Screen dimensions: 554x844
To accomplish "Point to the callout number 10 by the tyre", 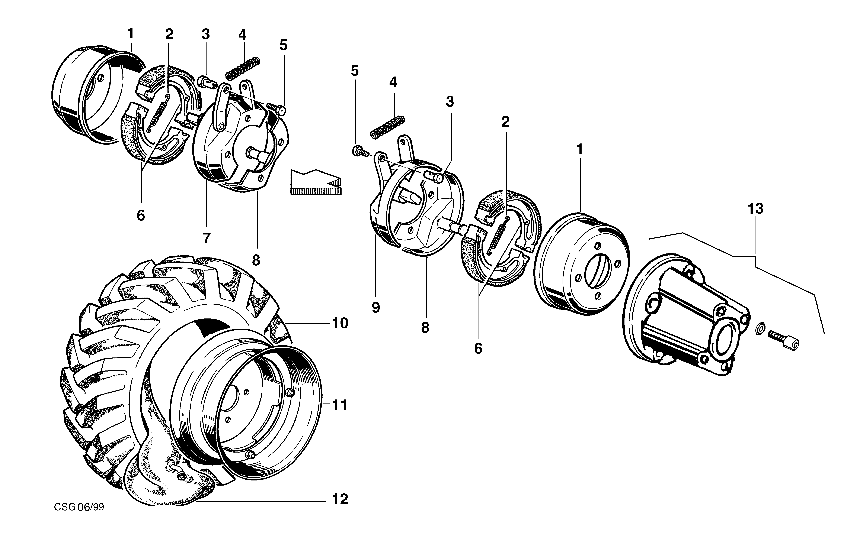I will click(x=340, y=323).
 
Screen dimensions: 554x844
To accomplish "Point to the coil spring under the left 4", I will click(x=243, y=68).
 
